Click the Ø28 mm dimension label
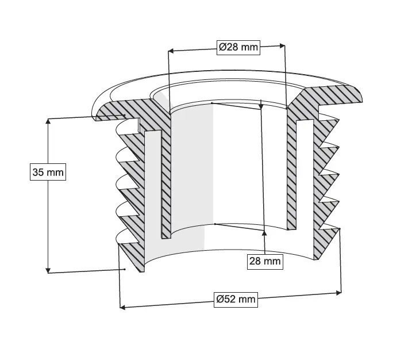238,47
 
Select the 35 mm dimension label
48,172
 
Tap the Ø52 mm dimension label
236,299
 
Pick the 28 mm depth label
265,262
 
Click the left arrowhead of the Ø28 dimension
170,51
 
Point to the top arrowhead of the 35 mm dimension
48,121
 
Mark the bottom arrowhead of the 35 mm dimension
48,270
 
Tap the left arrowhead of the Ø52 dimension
122,307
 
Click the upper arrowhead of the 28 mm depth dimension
261,106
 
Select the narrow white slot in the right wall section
305,173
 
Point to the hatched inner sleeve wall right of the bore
291,173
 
